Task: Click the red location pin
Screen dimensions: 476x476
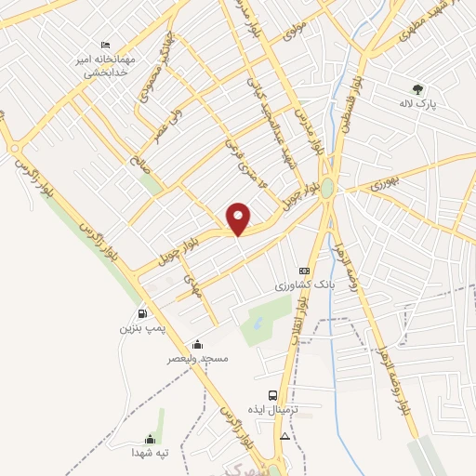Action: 239,218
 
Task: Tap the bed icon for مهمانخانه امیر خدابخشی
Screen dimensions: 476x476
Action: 106,46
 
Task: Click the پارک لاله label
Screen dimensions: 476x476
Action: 418,103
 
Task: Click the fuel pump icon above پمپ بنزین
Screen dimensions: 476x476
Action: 142,313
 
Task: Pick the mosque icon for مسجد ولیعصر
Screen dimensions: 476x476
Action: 196,344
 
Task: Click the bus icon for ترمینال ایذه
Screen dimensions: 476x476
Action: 272,395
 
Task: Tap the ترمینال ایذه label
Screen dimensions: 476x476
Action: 270,410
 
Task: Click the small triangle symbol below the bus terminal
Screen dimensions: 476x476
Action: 284,435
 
